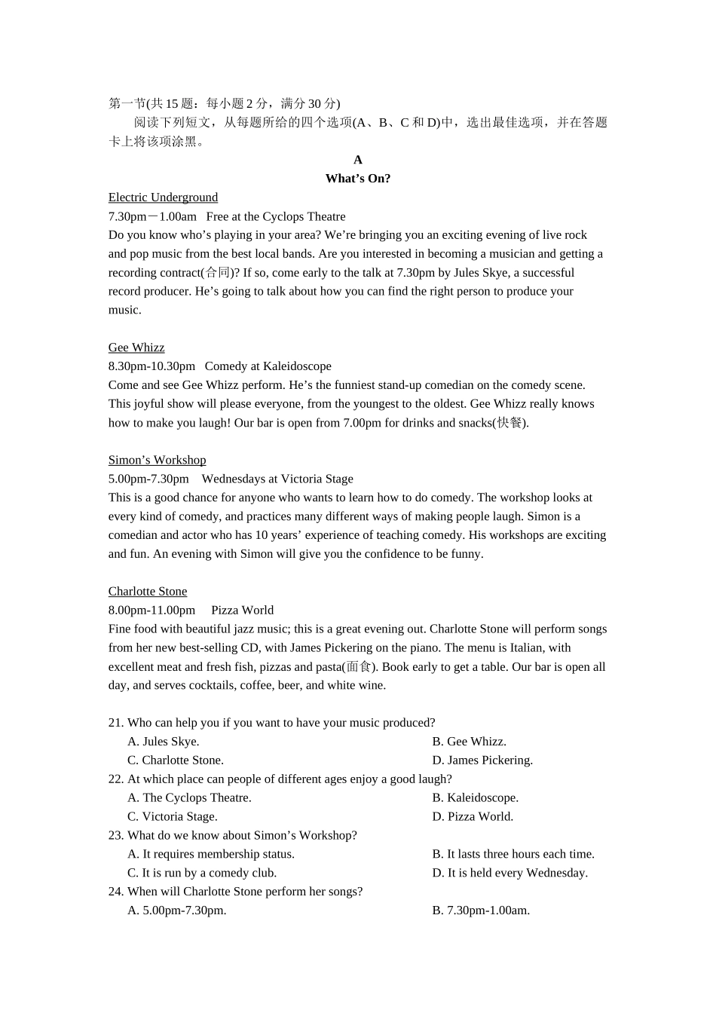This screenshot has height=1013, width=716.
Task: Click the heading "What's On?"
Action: tap(358, 179)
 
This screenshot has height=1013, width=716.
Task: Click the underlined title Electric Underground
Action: tap(163, 197)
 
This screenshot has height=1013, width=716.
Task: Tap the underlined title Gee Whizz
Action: tap(136, 347)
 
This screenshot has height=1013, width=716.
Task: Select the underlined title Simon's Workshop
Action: tap(157, 460)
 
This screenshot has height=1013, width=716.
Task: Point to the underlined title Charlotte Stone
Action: tap(148, 592)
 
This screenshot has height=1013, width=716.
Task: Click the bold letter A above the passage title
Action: tap(358, 160)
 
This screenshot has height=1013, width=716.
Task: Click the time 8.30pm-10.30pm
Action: tap(151, 366)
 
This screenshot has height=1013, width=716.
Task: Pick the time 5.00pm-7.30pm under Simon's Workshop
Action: tap(148, 479)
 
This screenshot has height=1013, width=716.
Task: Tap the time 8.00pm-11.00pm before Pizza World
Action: tap(151, 611)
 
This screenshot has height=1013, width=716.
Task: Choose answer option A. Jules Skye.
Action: tap(164, 742)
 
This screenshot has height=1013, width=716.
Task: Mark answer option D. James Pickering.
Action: tap(482, 761)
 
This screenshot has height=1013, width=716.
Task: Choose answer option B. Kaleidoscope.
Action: tap(475, 797)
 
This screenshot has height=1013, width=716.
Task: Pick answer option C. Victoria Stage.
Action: tap(173, 816)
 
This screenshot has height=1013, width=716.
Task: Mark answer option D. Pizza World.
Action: tap(473, 816)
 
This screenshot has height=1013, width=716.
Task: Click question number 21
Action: tap(116, 723)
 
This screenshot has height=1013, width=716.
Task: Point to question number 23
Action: tap(116, 835)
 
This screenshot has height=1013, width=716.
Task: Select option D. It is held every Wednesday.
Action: tap(509, 873)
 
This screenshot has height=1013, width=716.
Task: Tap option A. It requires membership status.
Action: tap(211, 854)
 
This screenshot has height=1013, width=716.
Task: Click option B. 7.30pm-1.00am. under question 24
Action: tap(481, 910)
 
